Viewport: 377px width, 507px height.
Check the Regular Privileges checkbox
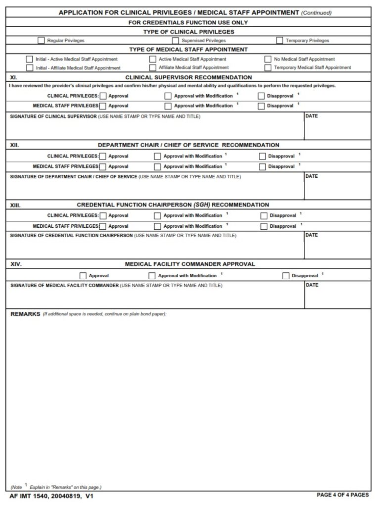click(x=41, y=41)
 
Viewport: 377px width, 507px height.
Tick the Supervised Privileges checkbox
click(x=175, y=41)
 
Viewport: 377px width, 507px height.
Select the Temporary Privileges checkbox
click(x=280, y=41)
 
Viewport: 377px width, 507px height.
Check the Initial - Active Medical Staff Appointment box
click(x=30, y=59)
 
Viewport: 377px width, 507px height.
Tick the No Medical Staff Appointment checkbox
click(x=268, y=59)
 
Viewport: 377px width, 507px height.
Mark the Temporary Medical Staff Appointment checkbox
click(x=268, y=68)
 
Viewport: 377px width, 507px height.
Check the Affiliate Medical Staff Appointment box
click(x=153, y=68)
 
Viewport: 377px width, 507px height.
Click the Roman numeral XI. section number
click(x=14, y=78)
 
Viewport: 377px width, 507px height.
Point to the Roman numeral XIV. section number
click(x=16, y=264)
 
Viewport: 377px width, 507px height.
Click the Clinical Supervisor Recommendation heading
click(x=188, y=78)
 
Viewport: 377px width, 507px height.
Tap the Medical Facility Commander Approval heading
click(x=190, y=264)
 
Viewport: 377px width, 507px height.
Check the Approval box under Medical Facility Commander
click(x=83, y=276)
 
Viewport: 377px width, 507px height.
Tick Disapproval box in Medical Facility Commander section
click(x=285, y=276)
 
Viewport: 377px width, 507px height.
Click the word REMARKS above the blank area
click(x=25, y=314)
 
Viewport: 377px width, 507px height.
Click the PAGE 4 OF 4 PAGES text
click(x=342, y=495)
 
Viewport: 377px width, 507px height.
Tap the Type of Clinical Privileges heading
click(x=188, y=32)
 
